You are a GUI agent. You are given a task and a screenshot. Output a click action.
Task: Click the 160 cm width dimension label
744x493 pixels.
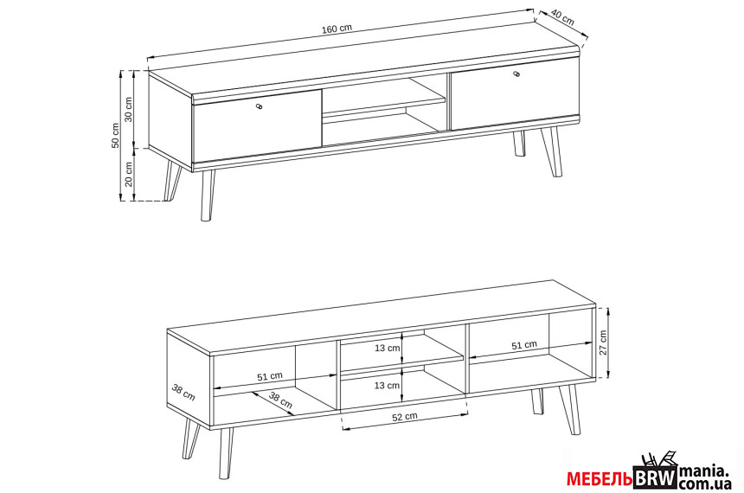337,29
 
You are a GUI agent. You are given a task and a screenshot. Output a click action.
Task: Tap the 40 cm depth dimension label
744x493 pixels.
563,18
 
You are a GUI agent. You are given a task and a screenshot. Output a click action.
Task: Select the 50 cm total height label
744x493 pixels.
115,136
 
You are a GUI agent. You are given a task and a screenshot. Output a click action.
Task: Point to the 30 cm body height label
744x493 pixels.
129,110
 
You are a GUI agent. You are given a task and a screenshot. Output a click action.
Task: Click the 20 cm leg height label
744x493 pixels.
129,174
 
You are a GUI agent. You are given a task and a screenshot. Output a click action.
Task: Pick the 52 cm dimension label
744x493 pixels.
405,417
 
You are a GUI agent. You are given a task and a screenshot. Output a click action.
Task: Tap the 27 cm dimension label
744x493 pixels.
603,343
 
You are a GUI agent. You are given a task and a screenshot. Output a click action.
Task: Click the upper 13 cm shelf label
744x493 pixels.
388,348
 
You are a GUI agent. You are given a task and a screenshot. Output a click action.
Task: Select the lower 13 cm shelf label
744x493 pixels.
388,385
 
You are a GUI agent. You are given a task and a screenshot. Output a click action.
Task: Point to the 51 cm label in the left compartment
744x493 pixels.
270,377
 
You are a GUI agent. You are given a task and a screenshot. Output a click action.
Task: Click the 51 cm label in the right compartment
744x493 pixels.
524,345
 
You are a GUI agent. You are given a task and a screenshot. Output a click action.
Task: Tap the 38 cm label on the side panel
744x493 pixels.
183,393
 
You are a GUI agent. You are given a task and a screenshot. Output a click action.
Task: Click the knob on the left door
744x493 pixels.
259,106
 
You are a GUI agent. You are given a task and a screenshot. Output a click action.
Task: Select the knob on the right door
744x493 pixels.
516,74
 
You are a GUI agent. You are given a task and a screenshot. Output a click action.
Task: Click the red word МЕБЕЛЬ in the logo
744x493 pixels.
600,479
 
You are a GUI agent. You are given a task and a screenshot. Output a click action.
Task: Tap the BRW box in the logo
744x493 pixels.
656,477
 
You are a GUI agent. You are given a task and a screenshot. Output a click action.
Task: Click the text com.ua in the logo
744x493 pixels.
704,484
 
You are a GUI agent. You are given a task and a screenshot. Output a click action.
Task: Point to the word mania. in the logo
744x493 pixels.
704,471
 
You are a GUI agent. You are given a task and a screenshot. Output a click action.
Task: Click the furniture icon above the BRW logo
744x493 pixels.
658,459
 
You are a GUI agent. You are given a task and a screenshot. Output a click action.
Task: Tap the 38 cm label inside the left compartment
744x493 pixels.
280,400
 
